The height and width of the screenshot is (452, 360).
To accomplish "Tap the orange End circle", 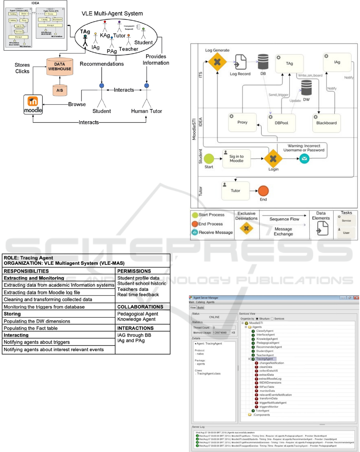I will (x=263, y=190).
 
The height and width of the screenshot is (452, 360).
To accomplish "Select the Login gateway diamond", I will (x=274, y=159).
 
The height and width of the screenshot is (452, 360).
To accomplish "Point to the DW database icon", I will (x=306, y=89).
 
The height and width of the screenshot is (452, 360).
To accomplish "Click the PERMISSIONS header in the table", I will (x=134, y=271).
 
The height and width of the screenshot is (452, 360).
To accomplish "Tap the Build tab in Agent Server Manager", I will (x=201, y=307).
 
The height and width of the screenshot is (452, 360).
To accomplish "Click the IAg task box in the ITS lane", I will (x=337, y=63).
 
